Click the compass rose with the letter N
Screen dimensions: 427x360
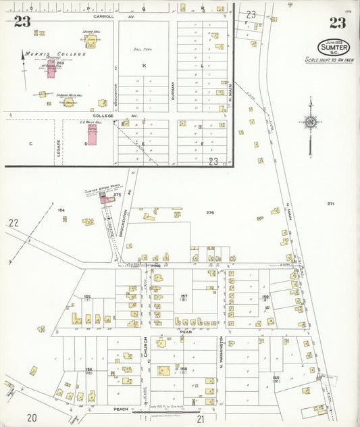(310, 122)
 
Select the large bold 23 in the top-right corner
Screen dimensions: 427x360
(337, 24)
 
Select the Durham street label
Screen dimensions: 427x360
(173, 88)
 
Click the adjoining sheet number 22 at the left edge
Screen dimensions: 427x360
(14, 222)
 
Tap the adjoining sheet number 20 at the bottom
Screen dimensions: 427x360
(32, 418)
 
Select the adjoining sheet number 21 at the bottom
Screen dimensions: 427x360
(201, 419)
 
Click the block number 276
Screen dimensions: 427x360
(210, 213)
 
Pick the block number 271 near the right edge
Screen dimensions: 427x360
(331, 203)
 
